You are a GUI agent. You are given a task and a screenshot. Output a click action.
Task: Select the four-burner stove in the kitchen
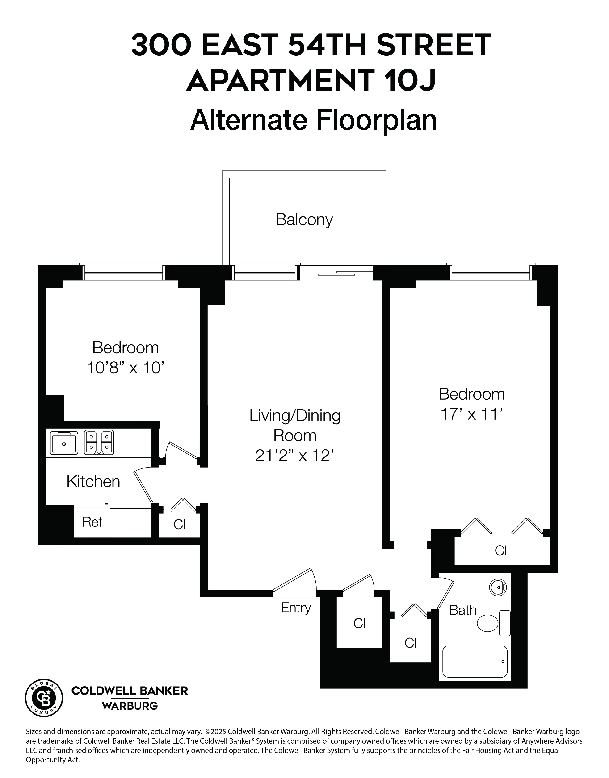tap(99, 443)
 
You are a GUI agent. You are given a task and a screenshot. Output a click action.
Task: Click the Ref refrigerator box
tap(92, 522)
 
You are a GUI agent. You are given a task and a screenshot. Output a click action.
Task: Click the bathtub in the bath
tap(475, 662)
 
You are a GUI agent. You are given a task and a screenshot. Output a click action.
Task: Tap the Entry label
tap(296, 608)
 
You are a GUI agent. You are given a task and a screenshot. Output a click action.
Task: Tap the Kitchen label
tap(93, 482)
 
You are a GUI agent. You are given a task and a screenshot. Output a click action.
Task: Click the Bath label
tap(462, 610)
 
